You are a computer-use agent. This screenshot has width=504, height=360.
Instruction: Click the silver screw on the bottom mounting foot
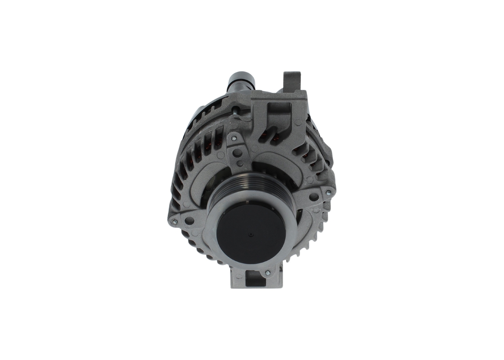point(267,273)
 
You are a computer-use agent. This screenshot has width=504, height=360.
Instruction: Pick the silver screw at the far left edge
point(175,222)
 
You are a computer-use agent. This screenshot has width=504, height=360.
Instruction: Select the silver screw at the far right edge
point(328,193)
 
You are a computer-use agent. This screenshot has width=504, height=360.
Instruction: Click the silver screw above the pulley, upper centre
point(234,139)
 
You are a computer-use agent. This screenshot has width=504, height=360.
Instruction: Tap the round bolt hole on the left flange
point(189,220)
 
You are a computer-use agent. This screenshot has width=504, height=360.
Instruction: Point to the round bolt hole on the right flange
point(313,196)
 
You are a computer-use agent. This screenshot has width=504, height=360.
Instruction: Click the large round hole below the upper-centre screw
point(237,153)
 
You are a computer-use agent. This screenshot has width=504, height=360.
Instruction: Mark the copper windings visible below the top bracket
point(272,138)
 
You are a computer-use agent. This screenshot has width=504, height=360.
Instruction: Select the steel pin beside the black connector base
point(235,112)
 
